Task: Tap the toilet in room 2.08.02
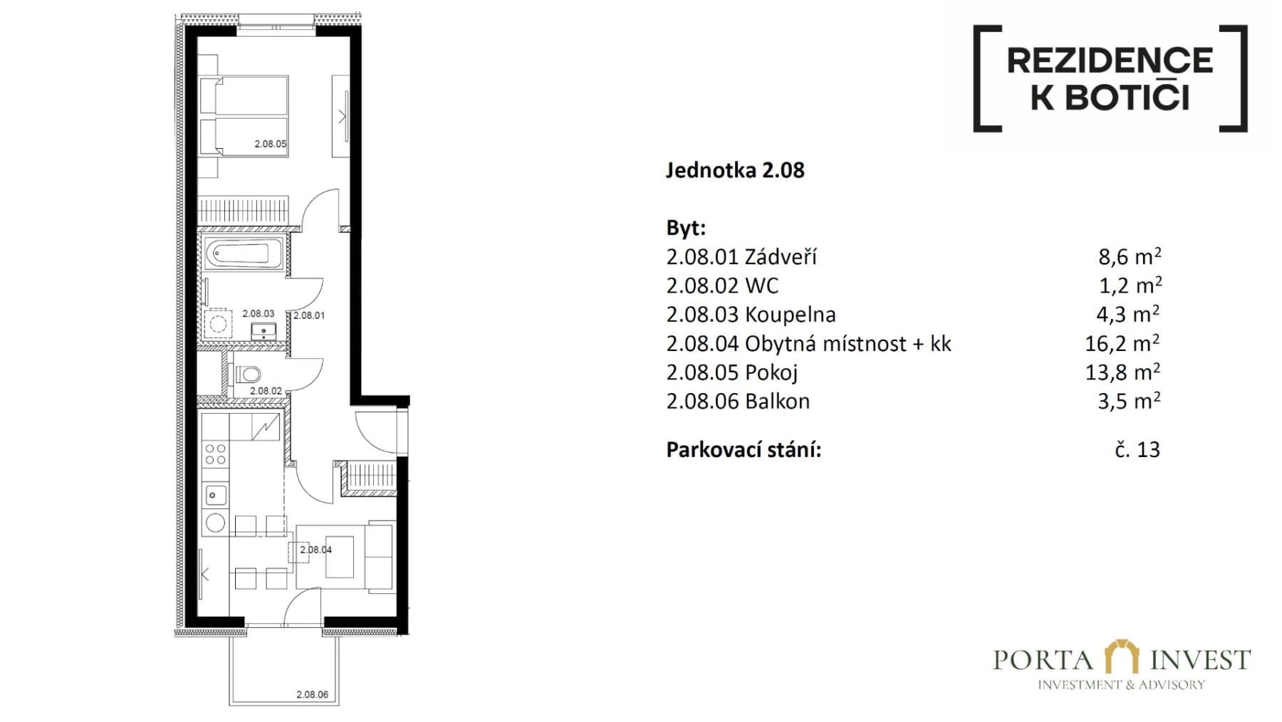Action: point(249,374)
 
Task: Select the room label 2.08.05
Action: point(271,144)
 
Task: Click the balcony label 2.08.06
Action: point(312,694)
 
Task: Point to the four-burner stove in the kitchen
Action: point(215,454)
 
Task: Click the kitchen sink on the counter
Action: point(215,493)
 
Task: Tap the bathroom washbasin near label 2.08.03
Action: point(264,330)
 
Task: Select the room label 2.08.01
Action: point(309,315)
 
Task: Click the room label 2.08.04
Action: point(316,550)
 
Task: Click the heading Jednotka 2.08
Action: point(735,171)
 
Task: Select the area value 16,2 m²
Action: point(1122,344)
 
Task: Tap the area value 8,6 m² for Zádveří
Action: point(1129,256)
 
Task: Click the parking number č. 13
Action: point(1137,450)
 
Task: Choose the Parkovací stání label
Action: point(744,450)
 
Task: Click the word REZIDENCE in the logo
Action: point(1110,61)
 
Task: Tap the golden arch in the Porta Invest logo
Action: point(1122,656)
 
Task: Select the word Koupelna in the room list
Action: point(790,315)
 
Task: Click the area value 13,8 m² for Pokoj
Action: point(1122,372)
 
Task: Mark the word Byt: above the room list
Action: point(686,228)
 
